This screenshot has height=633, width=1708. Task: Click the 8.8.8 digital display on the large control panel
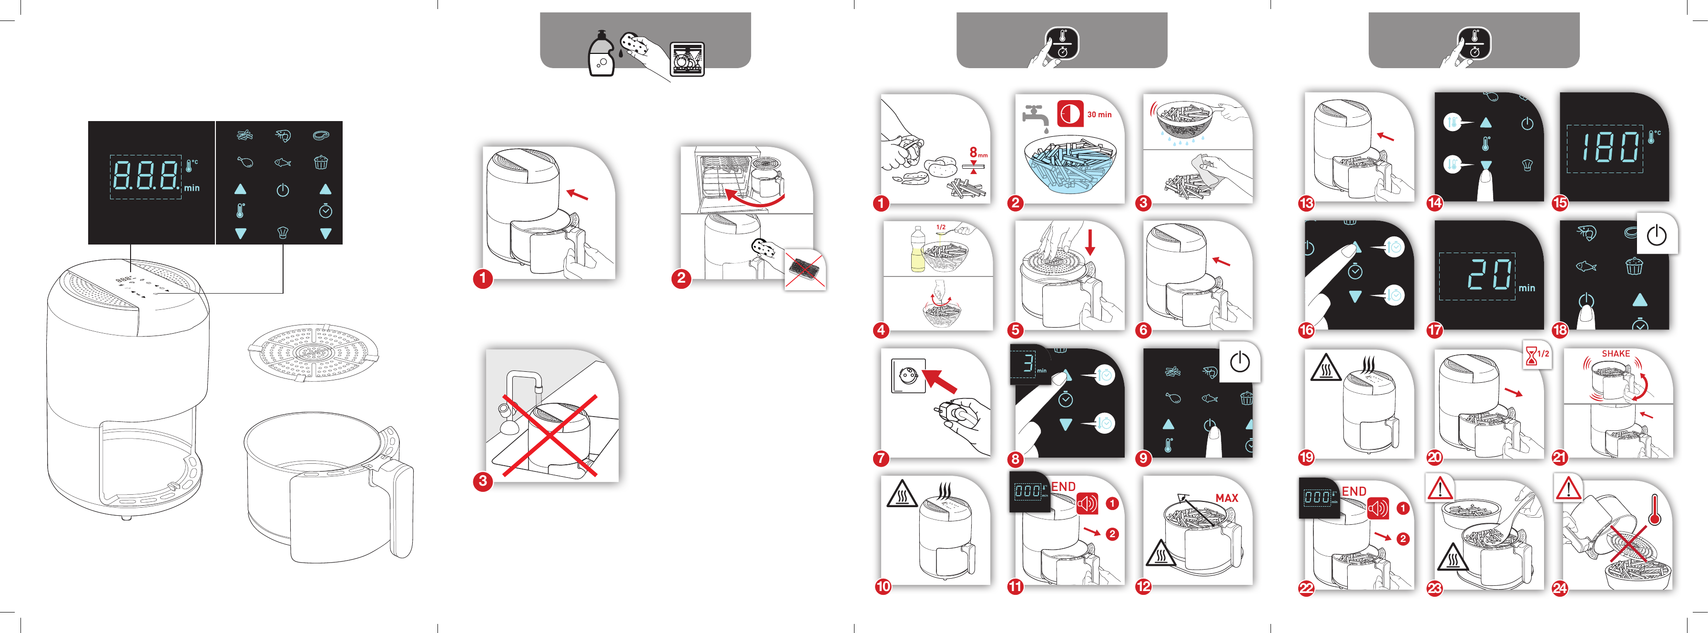[145, 176]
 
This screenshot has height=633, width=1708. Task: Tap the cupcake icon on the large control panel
[321, 163]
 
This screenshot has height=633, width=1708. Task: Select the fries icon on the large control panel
[244, 135]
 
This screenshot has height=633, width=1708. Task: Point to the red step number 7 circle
[881, 458]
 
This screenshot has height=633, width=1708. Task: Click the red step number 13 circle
[1306, 203]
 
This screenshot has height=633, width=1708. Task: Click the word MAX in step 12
[1226, 498]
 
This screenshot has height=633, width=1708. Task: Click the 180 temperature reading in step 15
[1607, 147]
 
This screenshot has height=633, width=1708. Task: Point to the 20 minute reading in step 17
[1488, 275]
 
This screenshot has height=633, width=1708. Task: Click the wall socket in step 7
[908, 375]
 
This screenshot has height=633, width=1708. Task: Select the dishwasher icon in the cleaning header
[687, 59]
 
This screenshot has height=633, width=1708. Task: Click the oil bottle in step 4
[918, 250]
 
